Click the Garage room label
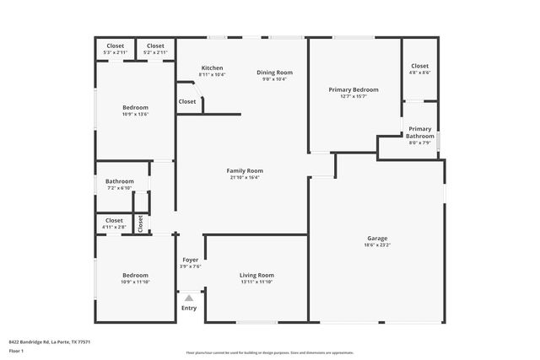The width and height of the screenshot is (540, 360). pyautogui.click(x=376, y=238)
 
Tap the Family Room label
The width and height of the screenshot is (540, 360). pyautogui.click(x=244, y=171)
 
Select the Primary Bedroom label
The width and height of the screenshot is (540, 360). pyautogui.click(x=353, y=89)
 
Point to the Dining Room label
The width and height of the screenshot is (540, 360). pyautogui.click(x=274, y=73)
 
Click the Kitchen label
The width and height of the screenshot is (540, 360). pyautogui.click(x=212, y=68)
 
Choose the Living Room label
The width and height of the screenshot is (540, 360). pyautogui.click(x=256, y=275)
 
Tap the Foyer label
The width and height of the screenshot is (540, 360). pyautogui.click(x=190, y=260)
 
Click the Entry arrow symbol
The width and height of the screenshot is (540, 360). pyautogui.click(x=189, y=298)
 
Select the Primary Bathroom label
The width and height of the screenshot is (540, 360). pyautogui.click(x=419, y=132)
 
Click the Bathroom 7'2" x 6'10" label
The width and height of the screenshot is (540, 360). pyautogui.click(x=120, y=181)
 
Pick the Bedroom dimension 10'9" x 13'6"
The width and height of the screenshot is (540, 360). pyautogui.click(x=135, y=115)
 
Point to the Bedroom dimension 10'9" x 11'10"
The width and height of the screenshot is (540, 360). pyautogui.click(x=135, y=282)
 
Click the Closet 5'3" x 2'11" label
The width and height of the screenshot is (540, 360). pyautogui.click(x=115, y=52)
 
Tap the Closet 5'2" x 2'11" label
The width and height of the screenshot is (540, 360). pyautogui.click(x=155, y=52)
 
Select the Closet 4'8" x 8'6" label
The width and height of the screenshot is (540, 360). pyautogui.click(x=419, y=73)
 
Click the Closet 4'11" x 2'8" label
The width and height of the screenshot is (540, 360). pyautogui.click(x=114, y=227)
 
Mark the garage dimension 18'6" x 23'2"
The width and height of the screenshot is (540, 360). pyautogui.click(x=376, y=244)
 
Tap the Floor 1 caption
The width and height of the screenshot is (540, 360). pyautogui.click(x=15, y=350)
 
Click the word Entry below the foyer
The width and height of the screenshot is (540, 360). pyautogui.click(x=189, y=308)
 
